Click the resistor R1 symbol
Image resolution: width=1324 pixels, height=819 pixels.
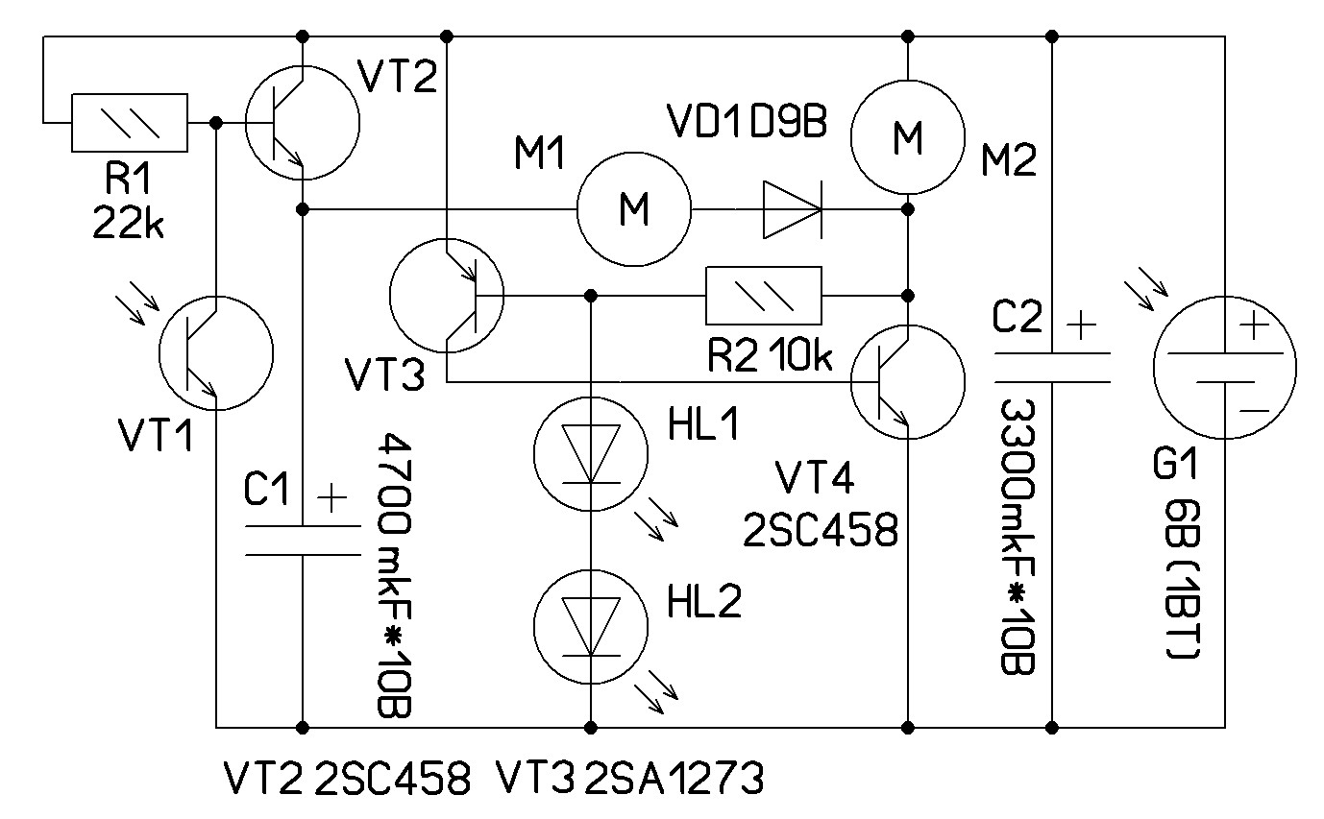point(129,123)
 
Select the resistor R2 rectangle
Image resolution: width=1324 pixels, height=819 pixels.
point(765,296)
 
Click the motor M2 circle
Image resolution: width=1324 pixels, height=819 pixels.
point(908,137)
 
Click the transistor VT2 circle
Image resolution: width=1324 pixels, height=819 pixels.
point(302,122)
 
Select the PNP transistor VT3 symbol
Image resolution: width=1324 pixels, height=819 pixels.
point(447,296)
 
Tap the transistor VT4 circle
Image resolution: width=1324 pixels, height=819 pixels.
point(907,381)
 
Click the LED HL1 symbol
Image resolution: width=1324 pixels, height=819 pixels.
point(591,454)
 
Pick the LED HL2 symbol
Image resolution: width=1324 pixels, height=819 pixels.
point(591,627)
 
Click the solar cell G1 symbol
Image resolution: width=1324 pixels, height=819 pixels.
point(1224,367)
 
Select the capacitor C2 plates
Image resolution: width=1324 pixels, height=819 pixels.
point(1052,367)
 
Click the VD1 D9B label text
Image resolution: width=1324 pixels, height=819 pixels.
point(746,123)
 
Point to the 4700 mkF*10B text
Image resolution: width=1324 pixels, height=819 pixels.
point(395,574)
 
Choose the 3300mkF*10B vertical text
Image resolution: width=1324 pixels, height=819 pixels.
point(1017,538)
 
